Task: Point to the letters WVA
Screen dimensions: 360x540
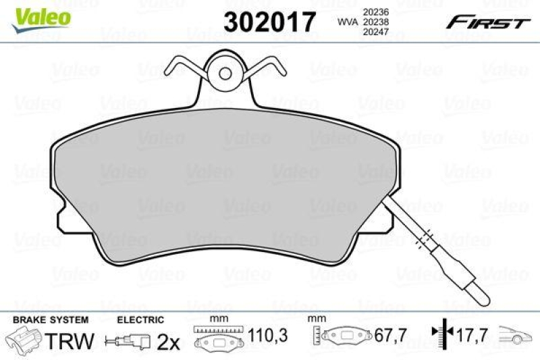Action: point(346,22)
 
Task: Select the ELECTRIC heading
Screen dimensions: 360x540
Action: point(140,319)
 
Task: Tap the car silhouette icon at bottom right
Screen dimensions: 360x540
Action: point(516,334)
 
